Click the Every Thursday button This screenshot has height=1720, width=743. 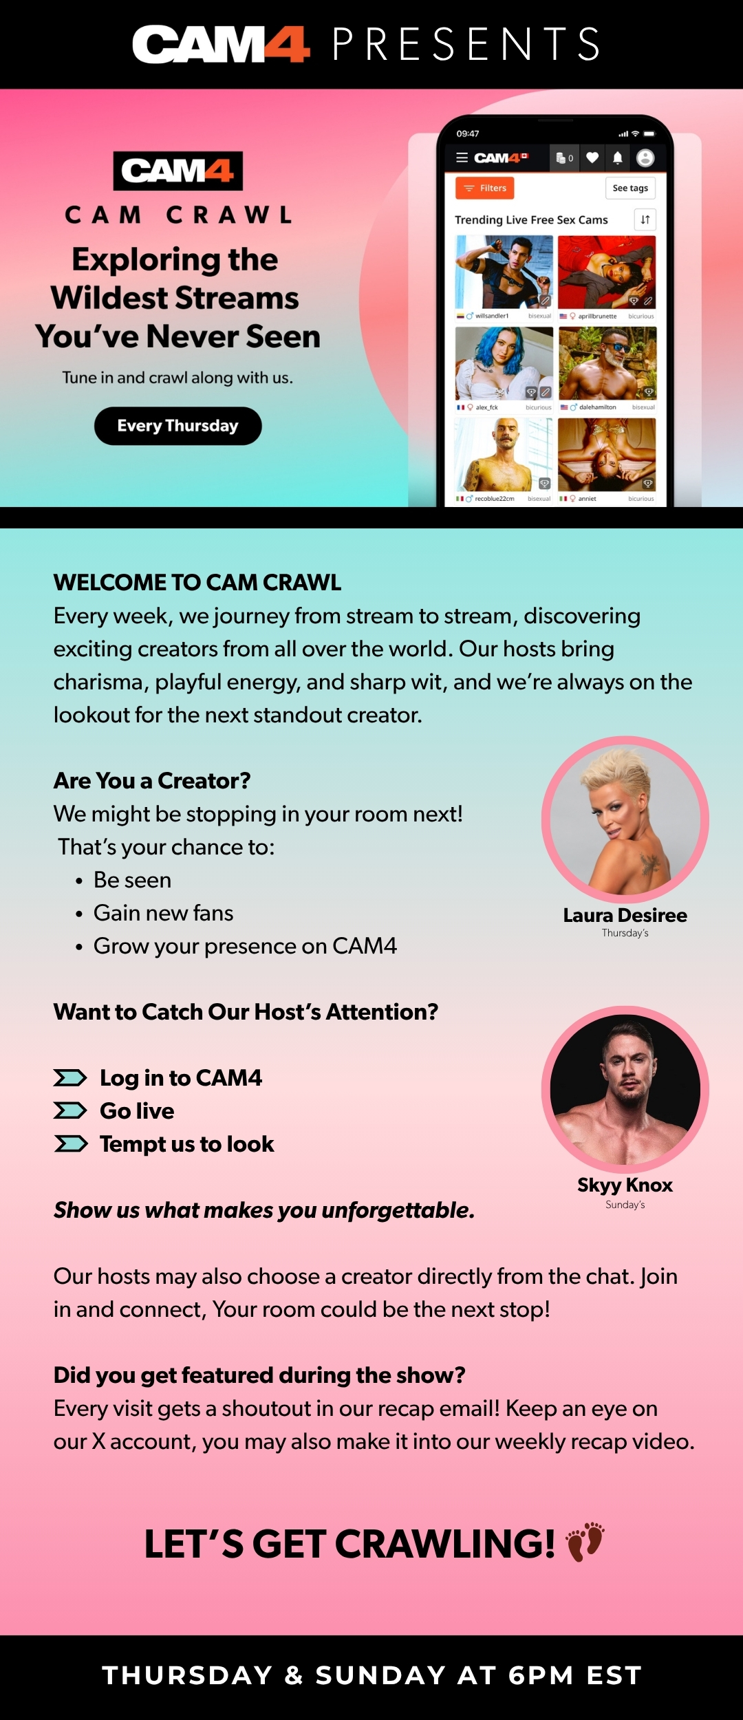(177, 426)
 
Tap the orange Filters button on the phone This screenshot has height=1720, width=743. (484, 188)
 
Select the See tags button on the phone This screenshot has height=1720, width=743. (630, 188)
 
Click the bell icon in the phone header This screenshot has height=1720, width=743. (618, 158)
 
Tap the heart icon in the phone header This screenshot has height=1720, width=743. (592, 158)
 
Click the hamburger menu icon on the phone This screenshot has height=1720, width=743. (462, 158)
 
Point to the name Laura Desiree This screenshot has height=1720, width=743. (625, 915)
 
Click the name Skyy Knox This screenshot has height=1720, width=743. (625, 1185)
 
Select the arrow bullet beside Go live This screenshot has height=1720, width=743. (70, 1110)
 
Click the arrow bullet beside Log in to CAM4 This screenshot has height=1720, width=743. (70, 1077)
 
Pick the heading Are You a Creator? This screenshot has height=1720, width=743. (152, 781)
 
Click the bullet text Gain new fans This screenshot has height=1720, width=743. (164, 913)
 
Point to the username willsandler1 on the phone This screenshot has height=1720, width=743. (492, 316)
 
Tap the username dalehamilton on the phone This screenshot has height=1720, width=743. (598, 407)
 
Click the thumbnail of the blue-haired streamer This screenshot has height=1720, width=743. (504, 363)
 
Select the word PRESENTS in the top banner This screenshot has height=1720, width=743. (466, 45)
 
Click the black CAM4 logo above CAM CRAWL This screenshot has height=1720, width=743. (178, 171)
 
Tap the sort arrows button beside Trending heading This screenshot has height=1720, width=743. (645, 219)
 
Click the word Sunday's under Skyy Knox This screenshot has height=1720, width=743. (625, 1205)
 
